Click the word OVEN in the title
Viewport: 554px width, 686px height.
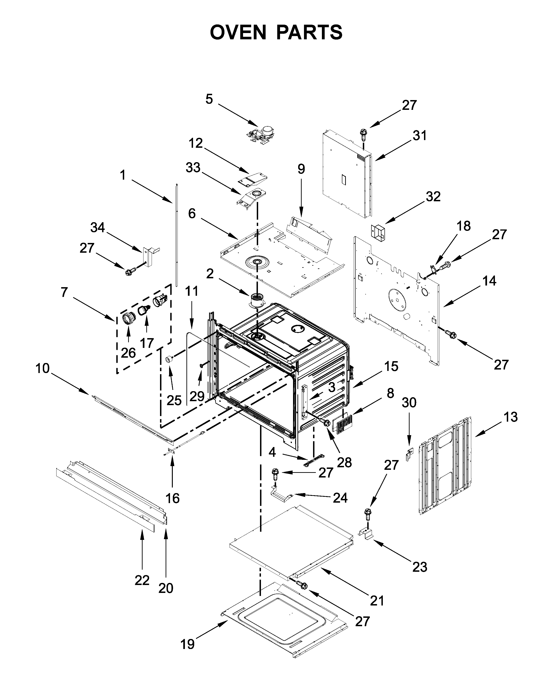pyautogui.click(x=238, y=32)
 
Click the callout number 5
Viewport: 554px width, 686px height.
pyautogui.click(x=209, y=99)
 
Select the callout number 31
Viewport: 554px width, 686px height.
pyautogui.click(x=420, y=136)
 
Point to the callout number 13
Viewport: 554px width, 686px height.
pyautogui.click(x=511, y=417)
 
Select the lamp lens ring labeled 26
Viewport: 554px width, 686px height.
pyautogui.click(x=129, y=318)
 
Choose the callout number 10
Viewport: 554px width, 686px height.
pyautogui.click(x=42, y=368)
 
